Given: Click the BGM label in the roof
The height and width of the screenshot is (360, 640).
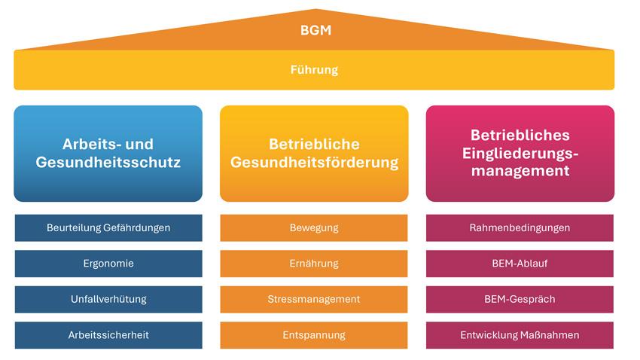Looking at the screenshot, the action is pos(315,30).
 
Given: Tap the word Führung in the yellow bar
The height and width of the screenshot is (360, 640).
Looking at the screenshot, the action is pos(314,70).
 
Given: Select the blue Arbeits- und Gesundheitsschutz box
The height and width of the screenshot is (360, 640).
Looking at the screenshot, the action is pos(108,154).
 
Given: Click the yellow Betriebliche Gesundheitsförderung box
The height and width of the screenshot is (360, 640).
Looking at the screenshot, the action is pos(314,154).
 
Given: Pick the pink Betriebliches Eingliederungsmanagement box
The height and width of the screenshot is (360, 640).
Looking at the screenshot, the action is pos(520,154).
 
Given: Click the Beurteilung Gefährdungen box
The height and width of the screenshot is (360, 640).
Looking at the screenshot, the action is pos(108,227).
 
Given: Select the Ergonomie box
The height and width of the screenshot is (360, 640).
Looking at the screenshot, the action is pos(108,264).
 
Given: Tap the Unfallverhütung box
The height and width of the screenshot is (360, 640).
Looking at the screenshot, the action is pos(108,299).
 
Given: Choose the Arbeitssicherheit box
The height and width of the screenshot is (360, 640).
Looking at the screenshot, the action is pos(108,335).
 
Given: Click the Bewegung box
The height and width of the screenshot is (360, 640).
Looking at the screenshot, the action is pos(314,227).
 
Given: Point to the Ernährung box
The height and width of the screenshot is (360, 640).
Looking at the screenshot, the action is pos(314,264).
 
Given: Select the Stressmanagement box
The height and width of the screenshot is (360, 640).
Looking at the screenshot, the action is pos(314,299).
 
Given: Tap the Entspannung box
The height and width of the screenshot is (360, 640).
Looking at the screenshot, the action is pos(314,335).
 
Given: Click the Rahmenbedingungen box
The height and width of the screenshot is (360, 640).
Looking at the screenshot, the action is pos(520,227).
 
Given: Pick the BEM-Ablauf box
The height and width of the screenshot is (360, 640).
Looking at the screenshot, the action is pos(520,264).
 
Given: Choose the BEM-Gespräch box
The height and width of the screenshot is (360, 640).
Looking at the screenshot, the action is pos(520,299).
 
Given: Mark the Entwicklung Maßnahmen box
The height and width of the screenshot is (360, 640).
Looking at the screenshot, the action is pos(520,335).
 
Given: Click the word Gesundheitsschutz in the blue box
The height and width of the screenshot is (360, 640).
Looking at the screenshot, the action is pos(108,163).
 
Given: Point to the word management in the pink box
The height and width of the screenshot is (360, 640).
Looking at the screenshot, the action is pos(520,171).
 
